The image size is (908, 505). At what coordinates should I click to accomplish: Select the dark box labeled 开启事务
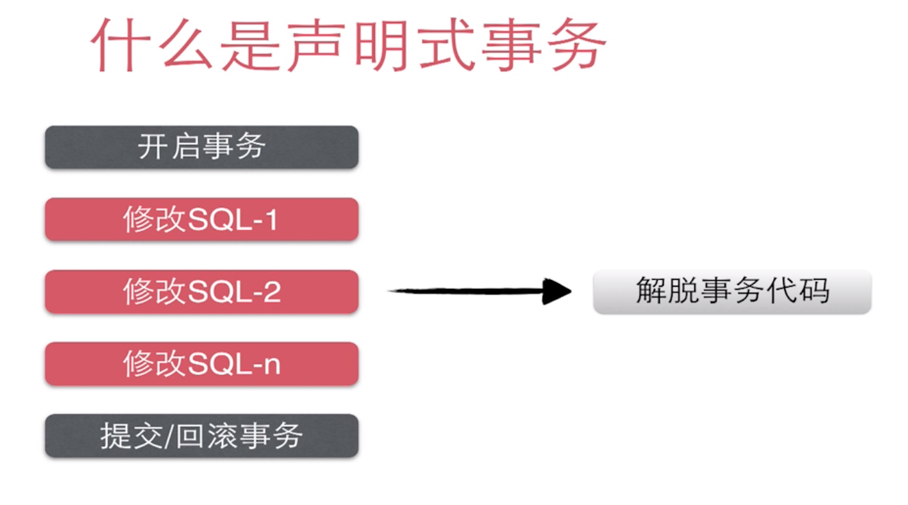(x=201, y=147)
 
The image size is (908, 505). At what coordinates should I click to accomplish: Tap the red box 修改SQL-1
(x=201, y=220)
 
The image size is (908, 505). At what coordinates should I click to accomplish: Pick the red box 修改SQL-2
(x=201, y=292)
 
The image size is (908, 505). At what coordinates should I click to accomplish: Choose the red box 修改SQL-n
(x=201, y=364)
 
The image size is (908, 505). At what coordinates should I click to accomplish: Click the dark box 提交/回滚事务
(x=201, y=436)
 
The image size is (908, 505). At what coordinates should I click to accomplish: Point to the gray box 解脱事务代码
(x=731, y=292)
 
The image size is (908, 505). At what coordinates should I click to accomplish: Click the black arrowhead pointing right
(x=557, y=292)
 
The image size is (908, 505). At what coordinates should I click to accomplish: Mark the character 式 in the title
(x=445, y=44)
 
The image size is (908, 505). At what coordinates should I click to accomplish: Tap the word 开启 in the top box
(x=168, y=147)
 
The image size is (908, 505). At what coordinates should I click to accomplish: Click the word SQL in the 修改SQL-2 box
(x=211, y=293)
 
